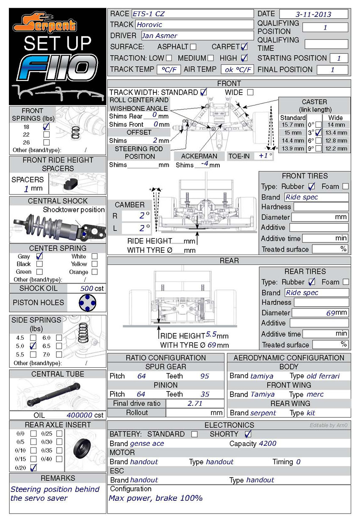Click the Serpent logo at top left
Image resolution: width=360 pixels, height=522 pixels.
pyautogui.click(x=44, y=23)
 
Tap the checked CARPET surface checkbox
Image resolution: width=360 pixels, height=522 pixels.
pyautogui.click(x=244, y=47)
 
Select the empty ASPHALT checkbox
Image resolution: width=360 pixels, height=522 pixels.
pyautogui.click(x=193, y=47)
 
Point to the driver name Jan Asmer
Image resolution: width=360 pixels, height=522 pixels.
pyautogui.click(x=159, y=36)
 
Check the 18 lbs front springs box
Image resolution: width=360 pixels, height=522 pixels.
pyautogui.click(x=47, y=127)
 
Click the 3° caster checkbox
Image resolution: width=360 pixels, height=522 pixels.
pyautogui.click(x=318, y=133)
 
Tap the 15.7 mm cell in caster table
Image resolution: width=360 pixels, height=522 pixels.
pyautogui.click(x=293, y=125)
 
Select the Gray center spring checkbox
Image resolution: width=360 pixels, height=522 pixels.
pyautogui.click(x=40, y=256)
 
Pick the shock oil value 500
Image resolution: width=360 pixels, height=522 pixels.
pyautogui.click(x=87, y=289)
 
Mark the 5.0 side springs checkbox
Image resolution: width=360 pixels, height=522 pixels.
pyautogui.click(x=33, y=346)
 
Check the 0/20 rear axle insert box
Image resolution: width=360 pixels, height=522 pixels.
pyautogui.click(x=33, y=467)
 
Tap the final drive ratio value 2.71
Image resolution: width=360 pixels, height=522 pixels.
pyautogui.click(x=195, y=403)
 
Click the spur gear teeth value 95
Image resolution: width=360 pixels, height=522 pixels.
pyautogui.click(x=204, y=376)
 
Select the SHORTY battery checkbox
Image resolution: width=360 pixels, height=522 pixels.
pyautogui.click(x=248, y=434)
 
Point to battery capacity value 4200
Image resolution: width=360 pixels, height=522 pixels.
pyautogui.click(x=267, y=444)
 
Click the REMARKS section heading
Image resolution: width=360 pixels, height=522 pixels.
pyautogui.click(x=58, y=478)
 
